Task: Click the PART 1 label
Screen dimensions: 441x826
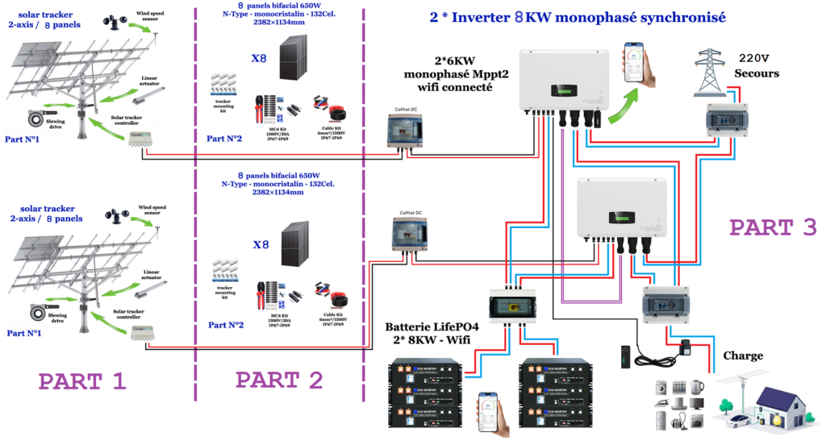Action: [82, 381]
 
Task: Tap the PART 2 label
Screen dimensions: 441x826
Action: [279, 381]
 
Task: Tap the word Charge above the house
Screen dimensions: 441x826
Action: [743, 355]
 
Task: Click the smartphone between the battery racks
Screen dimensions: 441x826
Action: [493, 412]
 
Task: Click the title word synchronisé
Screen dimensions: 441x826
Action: [679, 16]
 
